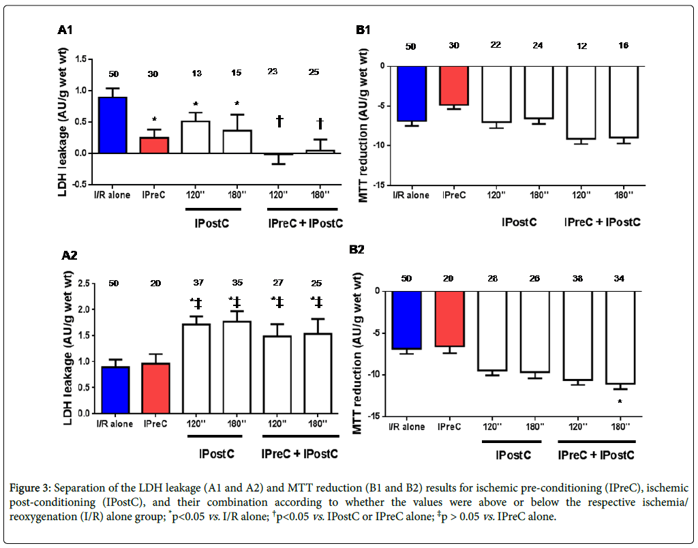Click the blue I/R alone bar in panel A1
pyautogui.click(x=113, y=125)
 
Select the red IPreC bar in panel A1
pyautogui.click(x=153, y=145)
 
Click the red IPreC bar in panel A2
pyautogui.click(x=153, y=388)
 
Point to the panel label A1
pyautogui.click(x=65, y=31)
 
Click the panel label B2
pyautogui.click(x=357, y=250)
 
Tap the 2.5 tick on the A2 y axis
pyautogui.click(x=85, y=283)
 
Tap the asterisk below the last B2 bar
pyautogui.click(x=620, y=402)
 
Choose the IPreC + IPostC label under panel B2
pyautogui.click(x=596, y=455)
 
